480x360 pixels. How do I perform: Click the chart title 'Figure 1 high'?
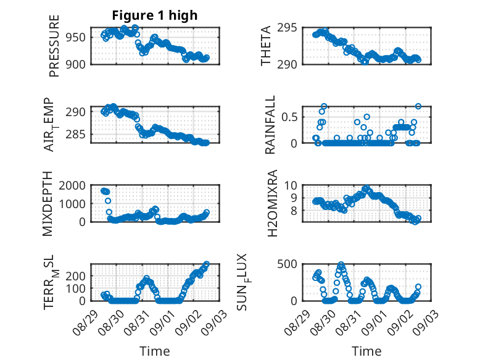(155, 15)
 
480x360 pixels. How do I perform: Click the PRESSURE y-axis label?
(54, 46)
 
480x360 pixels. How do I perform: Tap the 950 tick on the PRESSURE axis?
(76, 38)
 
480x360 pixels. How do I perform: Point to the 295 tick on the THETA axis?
(287, 28)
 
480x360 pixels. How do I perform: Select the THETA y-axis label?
(266, 46)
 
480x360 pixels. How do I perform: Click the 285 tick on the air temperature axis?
(76, 134)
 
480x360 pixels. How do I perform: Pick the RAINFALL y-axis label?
(270, 125)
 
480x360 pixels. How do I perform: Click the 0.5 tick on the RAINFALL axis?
(289, 117)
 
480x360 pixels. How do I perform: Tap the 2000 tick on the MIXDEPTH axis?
(72, 185)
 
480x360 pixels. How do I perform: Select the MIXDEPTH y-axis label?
(48, 204)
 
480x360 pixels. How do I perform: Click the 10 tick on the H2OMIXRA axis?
(291, 185)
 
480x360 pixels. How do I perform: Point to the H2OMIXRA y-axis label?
(272, 203)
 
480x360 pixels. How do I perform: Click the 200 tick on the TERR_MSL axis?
(76, 276)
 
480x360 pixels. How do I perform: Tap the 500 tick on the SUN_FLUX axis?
(287, 264)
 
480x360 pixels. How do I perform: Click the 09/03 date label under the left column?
(214, 322)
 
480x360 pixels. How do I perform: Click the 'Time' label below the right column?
(366, 351)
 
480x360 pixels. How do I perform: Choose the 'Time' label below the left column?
(155, 351)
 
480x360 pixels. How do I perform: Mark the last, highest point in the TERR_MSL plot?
(207, 264)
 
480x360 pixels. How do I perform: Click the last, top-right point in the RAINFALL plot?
(418, 106)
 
